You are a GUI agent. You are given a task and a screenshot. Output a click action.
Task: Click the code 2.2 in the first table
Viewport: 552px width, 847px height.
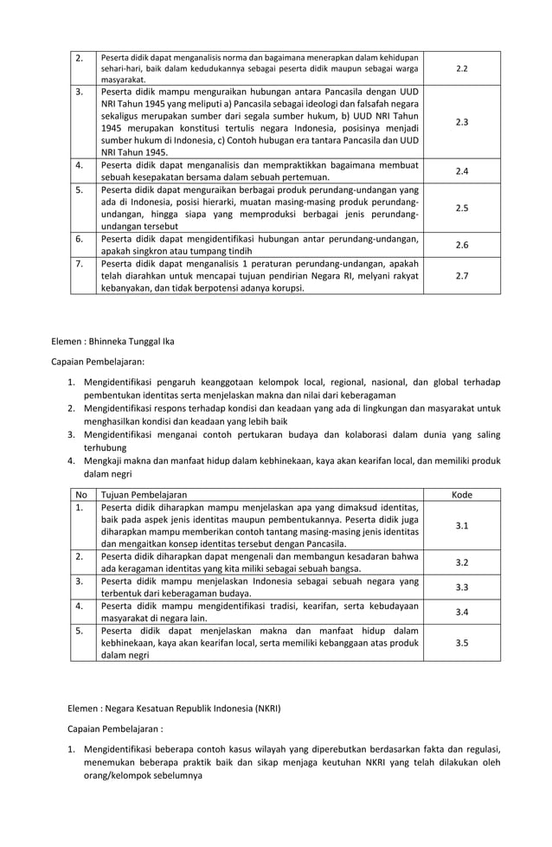[461, 67]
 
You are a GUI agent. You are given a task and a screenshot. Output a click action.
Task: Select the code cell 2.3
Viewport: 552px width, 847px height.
[461, 122]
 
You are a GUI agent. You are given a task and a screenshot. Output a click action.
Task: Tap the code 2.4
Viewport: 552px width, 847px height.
[461, 171]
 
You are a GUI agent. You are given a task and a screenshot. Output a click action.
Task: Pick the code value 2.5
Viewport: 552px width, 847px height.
[461, 208]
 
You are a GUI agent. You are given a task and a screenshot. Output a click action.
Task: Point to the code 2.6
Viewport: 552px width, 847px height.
[461, 245]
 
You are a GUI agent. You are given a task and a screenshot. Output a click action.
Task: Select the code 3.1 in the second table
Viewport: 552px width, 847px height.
[461, 525]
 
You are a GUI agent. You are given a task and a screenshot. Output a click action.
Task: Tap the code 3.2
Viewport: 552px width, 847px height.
[461, 562]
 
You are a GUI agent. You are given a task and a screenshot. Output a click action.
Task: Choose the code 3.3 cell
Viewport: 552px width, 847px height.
[461, 587]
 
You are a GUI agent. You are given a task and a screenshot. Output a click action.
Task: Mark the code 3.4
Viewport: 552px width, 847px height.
[461, 613]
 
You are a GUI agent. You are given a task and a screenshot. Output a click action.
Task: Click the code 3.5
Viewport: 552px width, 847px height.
[461, 643]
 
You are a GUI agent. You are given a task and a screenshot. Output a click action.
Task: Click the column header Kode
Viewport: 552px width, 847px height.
[461, 494]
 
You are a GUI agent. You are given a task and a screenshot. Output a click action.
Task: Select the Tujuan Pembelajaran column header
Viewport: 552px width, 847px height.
[144, 494]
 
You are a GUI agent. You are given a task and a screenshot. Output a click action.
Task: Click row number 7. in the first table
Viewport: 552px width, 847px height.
[79, 263]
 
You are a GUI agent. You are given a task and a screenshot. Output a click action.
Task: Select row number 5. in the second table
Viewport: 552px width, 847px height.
[79, 631]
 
